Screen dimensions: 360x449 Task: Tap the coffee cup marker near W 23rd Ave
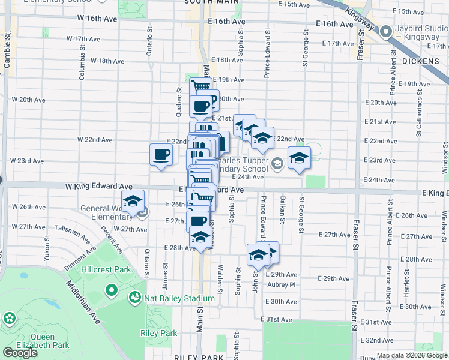tap(161, 155)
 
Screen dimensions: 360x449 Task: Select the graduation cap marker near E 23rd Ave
tap(299, 158)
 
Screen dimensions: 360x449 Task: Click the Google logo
tap(20, 353)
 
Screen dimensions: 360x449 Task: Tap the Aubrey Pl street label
tap(282, 284)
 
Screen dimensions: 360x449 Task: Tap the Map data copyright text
tap(411, 355)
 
